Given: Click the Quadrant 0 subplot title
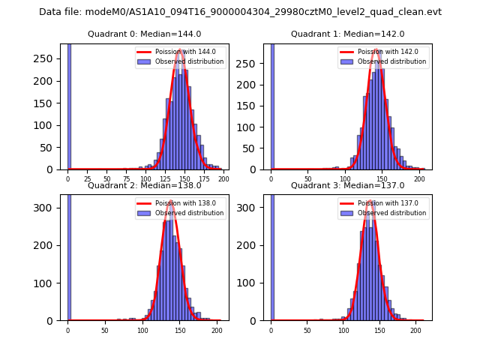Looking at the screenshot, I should [144, 34].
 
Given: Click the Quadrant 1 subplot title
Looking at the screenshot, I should [347, 34].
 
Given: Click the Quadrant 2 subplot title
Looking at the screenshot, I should [144, 185].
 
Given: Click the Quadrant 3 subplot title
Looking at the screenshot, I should [347, 185].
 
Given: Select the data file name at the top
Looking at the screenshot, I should [240, 12].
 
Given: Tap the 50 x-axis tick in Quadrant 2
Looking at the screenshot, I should [104, 330].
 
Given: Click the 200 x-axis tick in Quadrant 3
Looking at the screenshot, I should [415, 330].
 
